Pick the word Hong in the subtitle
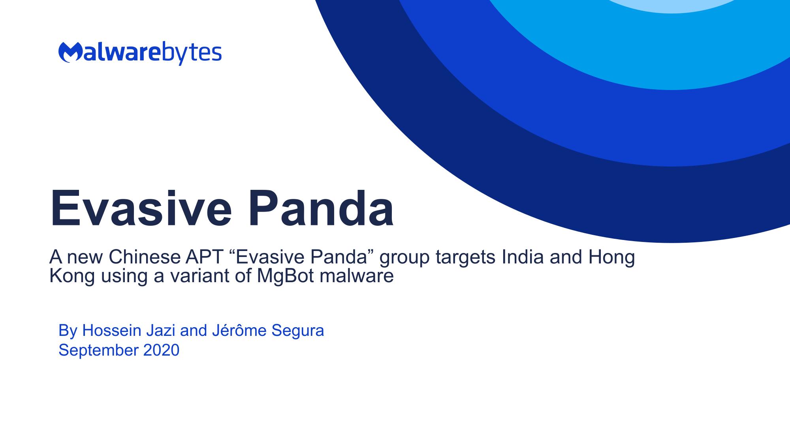pos(612,258)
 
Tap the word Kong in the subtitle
pos(72,276)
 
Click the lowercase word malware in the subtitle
pos(357,276)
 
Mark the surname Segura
pos(298,331)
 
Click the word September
pos(99,350)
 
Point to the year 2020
pos(161,350)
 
